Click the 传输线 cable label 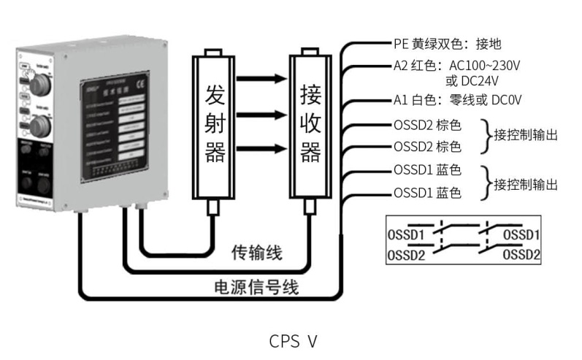pyautogui.click(x=256, y=253)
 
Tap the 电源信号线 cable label pyautogui.click(x=255, y=287)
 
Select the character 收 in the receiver pyautogui.click(x=311, y=124)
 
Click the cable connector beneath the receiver pyautogui.click(x=308, y=209)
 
